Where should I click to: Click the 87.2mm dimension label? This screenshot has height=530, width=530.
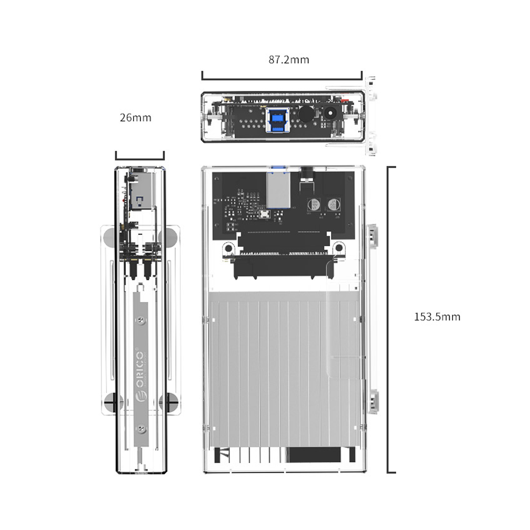coord(289,60)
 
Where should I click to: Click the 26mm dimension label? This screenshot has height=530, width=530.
coord(135,118)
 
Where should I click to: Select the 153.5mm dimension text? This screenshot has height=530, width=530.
coord(437,317)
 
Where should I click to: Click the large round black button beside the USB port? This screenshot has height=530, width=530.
coord(306,114)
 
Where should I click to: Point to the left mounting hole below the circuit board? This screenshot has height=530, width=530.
coord(228,248)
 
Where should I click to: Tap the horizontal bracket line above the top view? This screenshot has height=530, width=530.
coord(282,79)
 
